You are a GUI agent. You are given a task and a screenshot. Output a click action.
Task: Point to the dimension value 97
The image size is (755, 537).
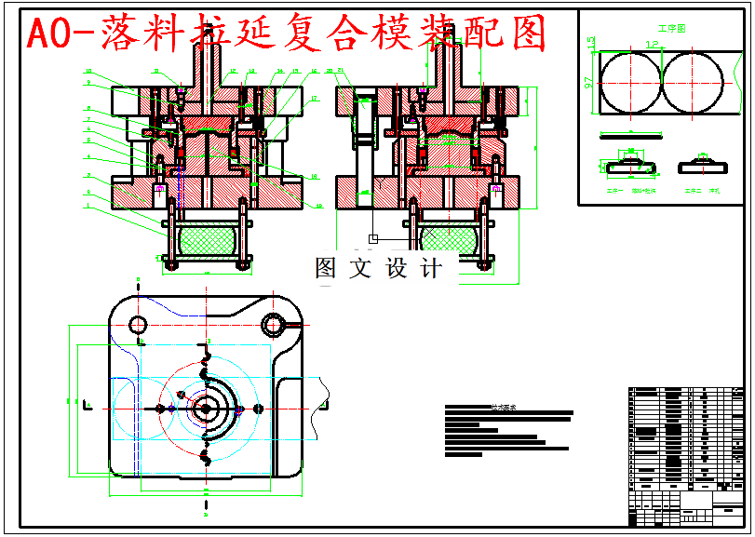click(588, 83)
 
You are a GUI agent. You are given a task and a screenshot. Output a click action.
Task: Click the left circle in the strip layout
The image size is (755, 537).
click(629, 81)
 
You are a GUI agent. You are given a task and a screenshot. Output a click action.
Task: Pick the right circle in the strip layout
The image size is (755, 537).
click(693, 81)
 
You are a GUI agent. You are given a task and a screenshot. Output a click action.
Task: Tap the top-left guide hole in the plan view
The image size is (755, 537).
click(137, 325)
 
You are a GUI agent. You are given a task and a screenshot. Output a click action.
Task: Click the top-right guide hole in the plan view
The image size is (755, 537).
click(273, 325)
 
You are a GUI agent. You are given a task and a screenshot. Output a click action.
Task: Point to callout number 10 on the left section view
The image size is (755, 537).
click(88, 71)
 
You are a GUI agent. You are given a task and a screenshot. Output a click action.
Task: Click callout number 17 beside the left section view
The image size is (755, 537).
click(315, 98)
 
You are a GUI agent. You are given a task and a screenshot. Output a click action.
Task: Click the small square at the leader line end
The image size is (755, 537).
click(373, 239)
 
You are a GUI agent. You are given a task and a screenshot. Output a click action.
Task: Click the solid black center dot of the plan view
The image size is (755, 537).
click(205, 408)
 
